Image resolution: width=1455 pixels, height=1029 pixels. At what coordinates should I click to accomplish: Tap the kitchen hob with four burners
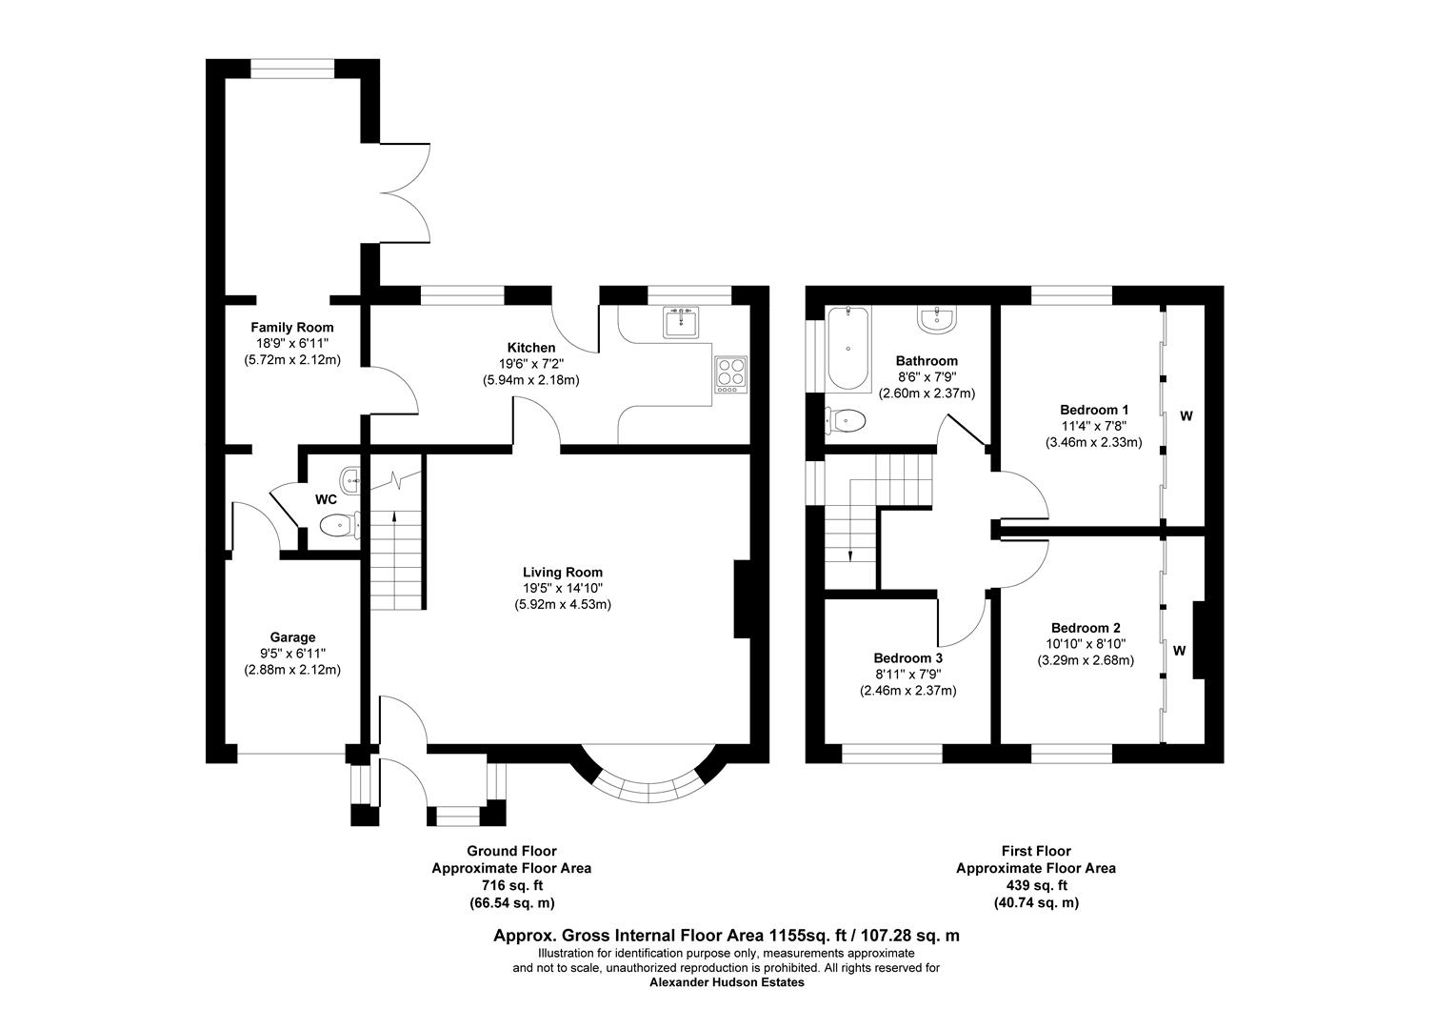click(x=730, y=373)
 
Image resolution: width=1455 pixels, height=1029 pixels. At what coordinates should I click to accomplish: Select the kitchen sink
click(x=682, y=322)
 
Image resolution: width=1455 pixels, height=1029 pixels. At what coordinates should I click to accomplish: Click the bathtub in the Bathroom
click(x=846, y=349)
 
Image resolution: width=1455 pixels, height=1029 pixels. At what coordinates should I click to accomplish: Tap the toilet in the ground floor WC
click(x=337, y=525)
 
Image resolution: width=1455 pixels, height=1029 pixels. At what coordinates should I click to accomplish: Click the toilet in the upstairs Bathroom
click(x=846, y=420)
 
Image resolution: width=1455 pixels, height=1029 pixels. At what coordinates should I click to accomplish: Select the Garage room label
click(x=292, y=637)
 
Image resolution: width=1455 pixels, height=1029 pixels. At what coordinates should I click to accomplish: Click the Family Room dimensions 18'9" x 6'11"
click(x=292, y=343)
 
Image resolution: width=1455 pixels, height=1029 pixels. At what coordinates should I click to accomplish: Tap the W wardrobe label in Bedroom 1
click(x=1186, y=416)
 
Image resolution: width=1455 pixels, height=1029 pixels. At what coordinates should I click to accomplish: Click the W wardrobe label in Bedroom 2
click(x=1180, y=651)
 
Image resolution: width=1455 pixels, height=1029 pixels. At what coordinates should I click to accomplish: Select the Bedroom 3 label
click(x=907, y=658)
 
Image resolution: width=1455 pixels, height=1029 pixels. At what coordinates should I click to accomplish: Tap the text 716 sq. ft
click(x=511, y=885)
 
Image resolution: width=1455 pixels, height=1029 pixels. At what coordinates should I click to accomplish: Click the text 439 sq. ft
click(x=1036, y=885)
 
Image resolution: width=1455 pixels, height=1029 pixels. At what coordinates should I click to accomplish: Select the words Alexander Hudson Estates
click(x=727, y=982)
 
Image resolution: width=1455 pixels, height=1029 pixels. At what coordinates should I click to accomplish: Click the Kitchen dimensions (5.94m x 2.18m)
click(x=530, y=379)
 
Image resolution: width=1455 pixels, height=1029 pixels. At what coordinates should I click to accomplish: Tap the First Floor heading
click(x=1036, y=851)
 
